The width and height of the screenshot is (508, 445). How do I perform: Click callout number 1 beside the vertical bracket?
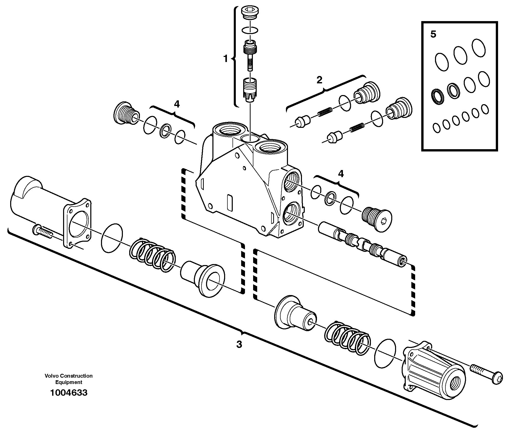[225, 59]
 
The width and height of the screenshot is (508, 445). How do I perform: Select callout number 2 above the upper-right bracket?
[319, 80]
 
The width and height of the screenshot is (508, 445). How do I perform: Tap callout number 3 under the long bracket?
[239, 345]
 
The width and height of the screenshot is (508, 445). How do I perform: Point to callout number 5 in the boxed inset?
[433, 34]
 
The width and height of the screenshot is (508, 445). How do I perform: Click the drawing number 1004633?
[69, 393]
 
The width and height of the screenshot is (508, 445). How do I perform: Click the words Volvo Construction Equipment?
[69, 379]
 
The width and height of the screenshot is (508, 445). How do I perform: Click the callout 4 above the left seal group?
[177, 104]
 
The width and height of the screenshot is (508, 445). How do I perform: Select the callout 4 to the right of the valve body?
[341, 174]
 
